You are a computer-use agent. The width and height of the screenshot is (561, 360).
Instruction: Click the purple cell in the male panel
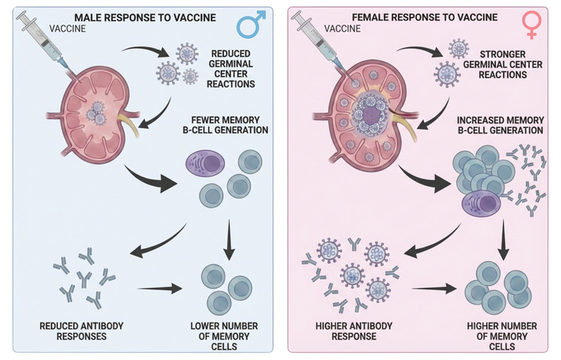205,165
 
